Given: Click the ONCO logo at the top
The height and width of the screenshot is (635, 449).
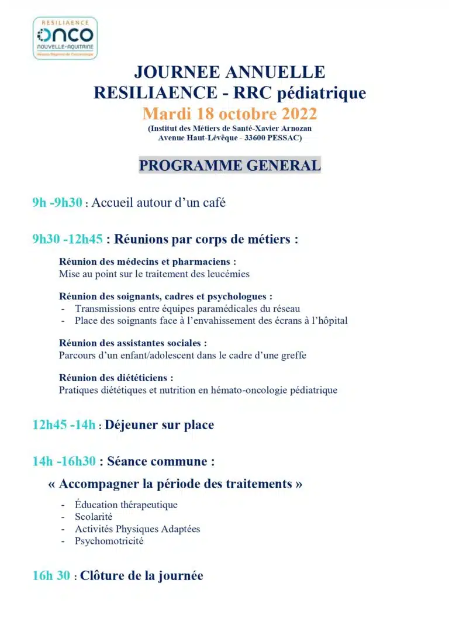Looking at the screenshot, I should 65,37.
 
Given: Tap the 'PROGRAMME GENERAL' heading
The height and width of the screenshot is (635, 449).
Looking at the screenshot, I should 230,165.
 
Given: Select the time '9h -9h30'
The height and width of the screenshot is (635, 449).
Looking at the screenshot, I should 57,203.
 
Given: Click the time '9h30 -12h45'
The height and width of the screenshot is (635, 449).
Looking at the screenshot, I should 67,239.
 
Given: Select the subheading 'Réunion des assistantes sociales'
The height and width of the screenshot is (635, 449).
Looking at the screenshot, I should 133,343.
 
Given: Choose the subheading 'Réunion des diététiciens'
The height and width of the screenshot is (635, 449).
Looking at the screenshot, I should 116,378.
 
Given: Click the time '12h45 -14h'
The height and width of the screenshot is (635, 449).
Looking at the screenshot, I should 64,425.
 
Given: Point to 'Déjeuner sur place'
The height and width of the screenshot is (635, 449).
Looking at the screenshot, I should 159,425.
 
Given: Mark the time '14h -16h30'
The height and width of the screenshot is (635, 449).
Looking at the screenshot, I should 64,461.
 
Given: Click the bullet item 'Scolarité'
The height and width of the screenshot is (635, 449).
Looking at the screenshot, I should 94,516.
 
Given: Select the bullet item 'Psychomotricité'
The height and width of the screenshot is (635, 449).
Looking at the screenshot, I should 109,541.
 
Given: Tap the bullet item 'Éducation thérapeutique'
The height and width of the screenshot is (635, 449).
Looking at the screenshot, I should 126,504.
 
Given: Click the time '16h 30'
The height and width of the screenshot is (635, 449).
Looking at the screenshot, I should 52,576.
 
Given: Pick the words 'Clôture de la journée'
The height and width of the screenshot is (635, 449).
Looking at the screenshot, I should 141,576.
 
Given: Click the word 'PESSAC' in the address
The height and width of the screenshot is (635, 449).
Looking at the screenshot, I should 281,138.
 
